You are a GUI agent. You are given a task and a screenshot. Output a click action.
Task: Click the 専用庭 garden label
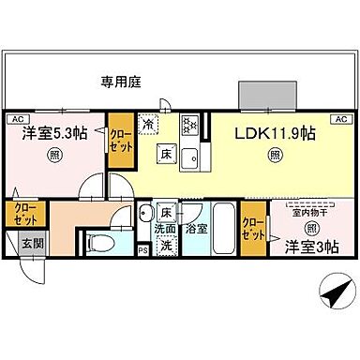click(x=120, y=82)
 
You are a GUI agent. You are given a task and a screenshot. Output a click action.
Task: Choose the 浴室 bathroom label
click(x=196, y=228)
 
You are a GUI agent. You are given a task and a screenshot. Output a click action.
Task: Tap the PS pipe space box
click(x=142, y=250)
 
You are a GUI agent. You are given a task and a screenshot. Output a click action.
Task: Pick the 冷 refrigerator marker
click(x=148, y=123)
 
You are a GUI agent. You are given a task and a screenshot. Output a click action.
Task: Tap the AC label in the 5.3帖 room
click(x=18, y=118)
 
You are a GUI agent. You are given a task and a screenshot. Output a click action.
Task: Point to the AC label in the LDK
click(x=339, y=118)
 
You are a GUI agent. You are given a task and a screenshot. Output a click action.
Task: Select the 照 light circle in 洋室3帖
click(x=310, y=228)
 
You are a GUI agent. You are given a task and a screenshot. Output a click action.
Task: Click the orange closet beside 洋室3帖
click(x=252, y=228)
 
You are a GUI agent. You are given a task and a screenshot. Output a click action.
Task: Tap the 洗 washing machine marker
click(x=163, y=246)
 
